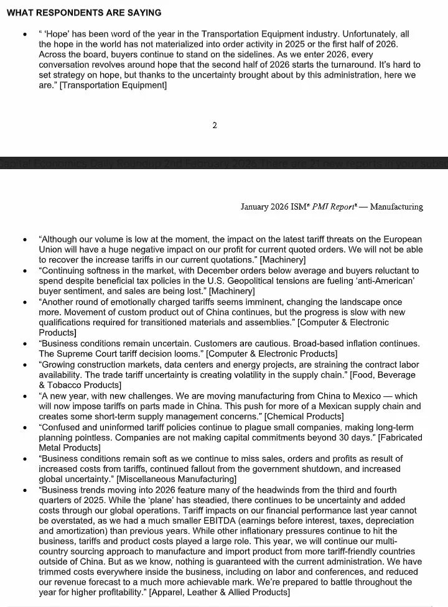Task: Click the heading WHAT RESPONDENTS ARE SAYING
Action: pos(84,12)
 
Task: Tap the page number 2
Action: pos(215,125)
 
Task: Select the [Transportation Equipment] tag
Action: pos(113,85)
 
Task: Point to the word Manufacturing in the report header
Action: pos(396,207)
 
